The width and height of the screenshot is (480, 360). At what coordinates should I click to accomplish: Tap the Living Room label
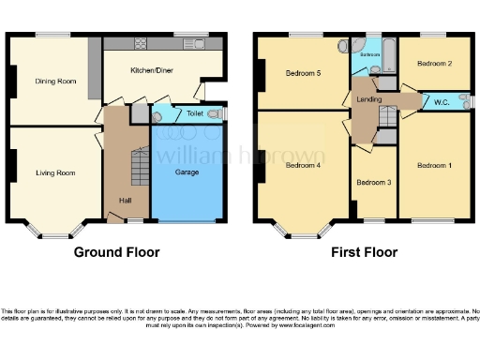click(55, 172)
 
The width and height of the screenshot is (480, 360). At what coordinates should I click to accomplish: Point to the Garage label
click(187, 172)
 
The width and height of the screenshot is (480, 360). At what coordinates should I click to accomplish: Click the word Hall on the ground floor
click(125, 200)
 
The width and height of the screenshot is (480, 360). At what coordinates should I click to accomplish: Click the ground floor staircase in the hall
click(138, 169)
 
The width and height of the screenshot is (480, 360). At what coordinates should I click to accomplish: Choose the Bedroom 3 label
click(373, 181)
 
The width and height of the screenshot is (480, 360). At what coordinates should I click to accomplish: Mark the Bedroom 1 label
click(433, 166)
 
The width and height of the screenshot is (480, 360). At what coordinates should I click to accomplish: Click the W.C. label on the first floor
click(439, 103)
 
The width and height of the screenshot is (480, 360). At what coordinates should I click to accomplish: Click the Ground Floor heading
click(117, 252)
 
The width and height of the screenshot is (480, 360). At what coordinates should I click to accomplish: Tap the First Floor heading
click(364, 252)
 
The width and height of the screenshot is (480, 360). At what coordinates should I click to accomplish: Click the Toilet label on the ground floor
click(194, 113)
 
